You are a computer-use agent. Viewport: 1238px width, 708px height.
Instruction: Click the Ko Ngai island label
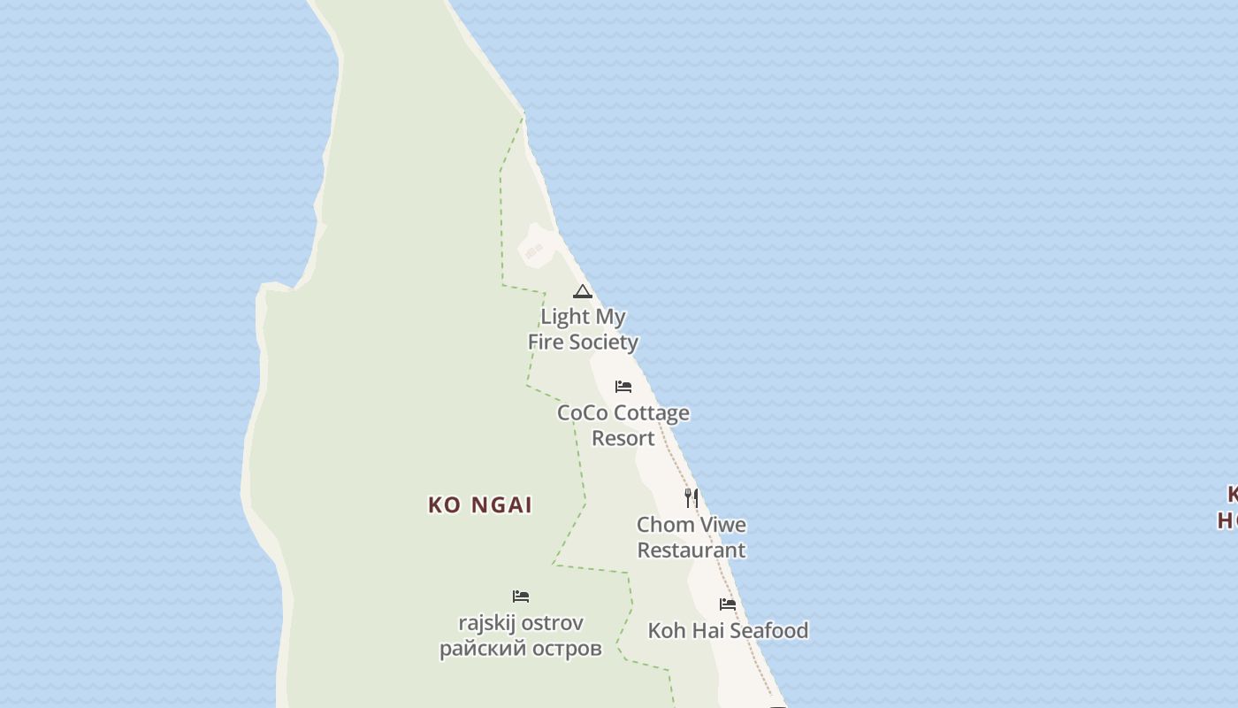point(480,505)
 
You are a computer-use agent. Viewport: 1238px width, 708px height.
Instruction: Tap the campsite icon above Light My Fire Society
point(582,291)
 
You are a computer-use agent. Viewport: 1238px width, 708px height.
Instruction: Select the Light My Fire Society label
point(583,329)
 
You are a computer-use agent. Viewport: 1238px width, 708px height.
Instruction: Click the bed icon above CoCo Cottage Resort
point(623,387)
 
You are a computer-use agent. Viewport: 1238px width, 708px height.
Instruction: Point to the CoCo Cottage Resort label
point(623,425)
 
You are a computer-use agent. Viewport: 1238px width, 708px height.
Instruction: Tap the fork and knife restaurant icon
point(692,497)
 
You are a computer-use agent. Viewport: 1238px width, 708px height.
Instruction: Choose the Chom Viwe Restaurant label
point(692,537)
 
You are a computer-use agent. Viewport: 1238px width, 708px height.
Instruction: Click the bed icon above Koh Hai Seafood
point(728,604)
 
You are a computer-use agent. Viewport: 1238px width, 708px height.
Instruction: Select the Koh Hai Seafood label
point(728,630)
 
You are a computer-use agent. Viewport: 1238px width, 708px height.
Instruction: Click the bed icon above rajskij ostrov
point(521,596)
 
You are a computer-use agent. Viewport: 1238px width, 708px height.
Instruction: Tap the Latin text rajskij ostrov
point(521,622)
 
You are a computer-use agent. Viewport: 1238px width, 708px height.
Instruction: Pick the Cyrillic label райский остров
point(521,649)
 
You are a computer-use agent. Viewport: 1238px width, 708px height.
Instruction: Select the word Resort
point(623,438)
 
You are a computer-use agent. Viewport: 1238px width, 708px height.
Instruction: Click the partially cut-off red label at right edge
point(1228,507)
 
